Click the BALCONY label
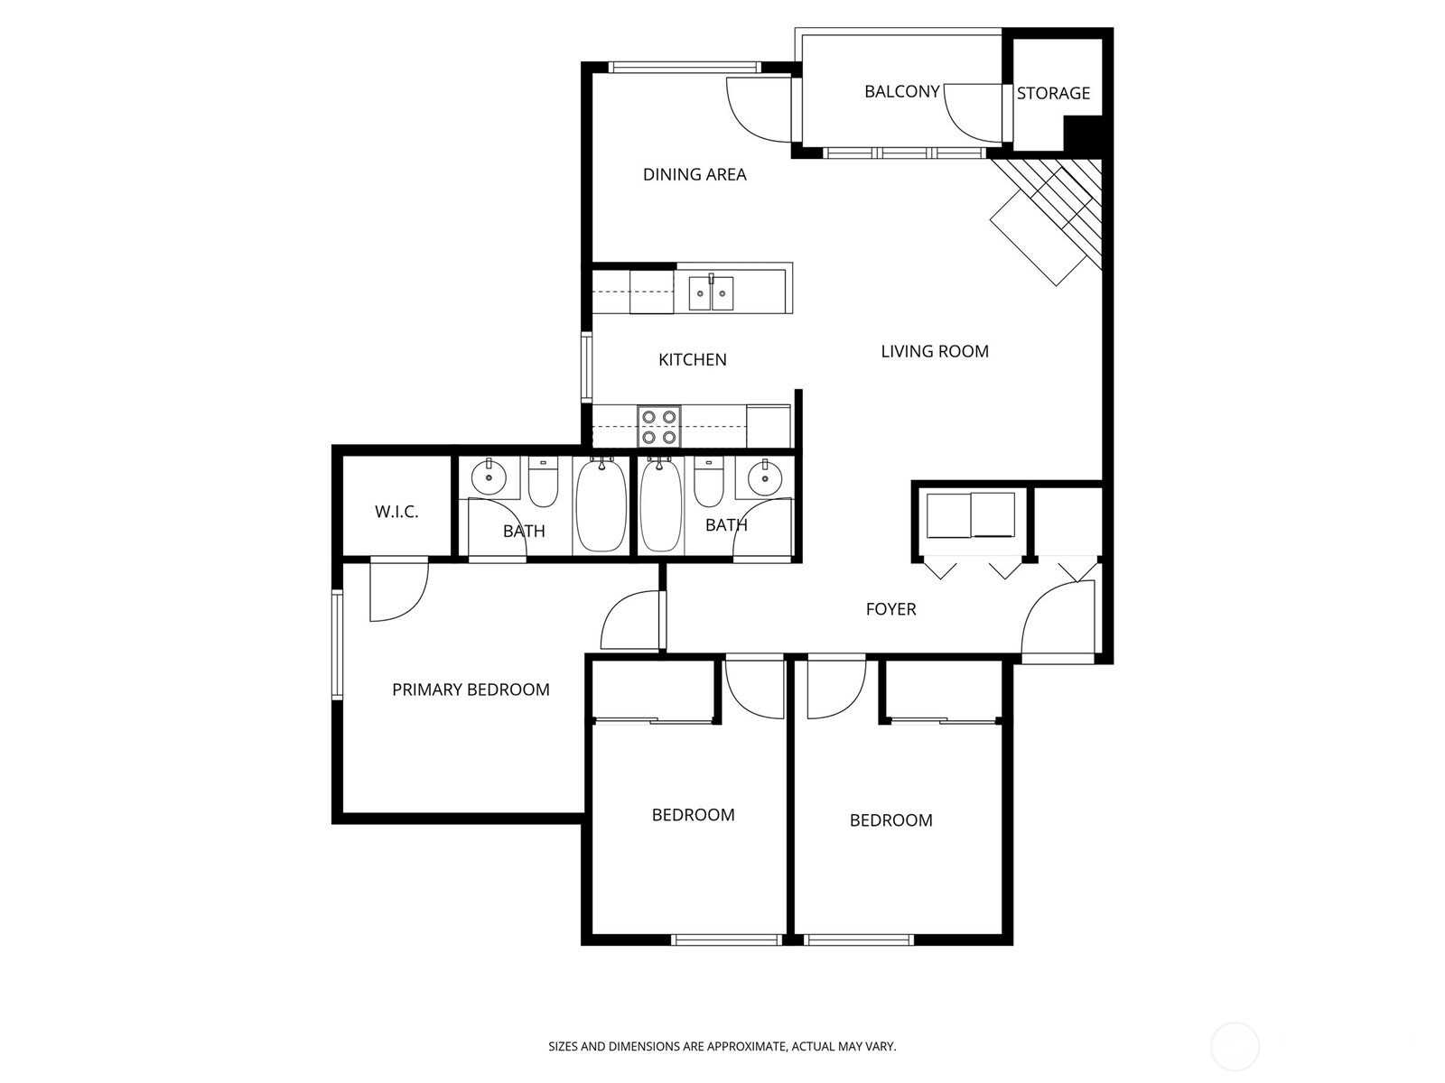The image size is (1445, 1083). pos(901,91)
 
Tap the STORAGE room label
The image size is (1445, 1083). pos(1053,93)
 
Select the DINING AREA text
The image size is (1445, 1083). pos(695,174)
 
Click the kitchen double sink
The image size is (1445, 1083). pos(712,293)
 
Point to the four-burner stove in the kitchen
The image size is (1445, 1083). pos(658,426)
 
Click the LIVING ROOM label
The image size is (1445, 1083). pos(935,351)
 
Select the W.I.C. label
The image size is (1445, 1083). pos(396,512)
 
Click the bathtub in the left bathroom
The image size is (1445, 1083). pos(601,505)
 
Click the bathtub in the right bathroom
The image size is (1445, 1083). pos(661,505)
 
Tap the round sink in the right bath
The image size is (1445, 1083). pos(764,476)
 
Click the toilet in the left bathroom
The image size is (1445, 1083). pos(543,485)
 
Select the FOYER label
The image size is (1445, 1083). pos(890,609)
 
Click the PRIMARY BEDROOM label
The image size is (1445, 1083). pos(471,690)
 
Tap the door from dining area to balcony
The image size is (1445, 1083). pos(759,108)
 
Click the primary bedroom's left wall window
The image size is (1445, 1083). pos(337,644)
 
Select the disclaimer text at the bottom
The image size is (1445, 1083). pos(722,1047)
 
